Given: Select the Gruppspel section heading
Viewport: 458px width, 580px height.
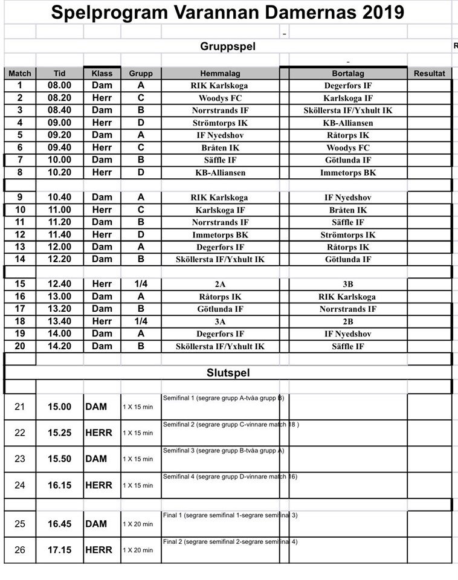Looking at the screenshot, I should pyautogui.click(x=228, y=47).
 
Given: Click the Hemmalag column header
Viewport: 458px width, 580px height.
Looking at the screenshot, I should pyautogui.click(x=220, y=73).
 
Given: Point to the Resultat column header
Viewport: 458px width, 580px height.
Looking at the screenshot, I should pyautogui.click(x=429, y=73).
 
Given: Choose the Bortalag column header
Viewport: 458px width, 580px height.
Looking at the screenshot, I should pyautogui.click(x=347, y=73).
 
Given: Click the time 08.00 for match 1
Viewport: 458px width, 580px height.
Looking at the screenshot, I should pyautogui.click(x=59, y=86).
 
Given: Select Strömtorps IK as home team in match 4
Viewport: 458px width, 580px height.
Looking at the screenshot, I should pyautogui.click(x=220, y=123).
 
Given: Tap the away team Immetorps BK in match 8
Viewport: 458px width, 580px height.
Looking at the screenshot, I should pyautogui.click(x=347, y=173).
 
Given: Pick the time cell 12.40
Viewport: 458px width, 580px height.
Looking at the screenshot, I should pyautogui.click(x=59, y=284).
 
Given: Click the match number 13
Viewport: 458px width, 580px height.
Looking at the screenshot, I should pyautogui.click(x=20, y=247).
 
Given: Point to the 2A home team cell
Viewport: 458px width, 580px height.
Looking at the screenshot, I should pyautogui.click(x=220, y=284).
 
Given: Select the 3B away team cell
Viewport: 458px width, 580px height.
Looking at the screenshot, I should pyautogui.click(x=347, y=284).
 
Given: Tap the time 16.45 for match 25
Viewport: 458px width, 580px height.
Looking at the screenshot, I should pyautogui.click(x=59, y=524).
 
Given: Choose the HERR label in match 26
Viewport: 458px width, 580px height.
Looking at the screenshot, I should pyautogui.click(x=98, y=550).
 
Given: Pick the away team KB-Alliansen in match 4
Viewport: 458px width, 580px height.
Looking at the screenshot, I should pyautogui.click(x=347, y=123).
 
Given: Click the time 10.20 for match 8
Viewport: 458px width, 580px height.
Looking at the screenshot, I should pyautogui.click(x=59, y=173).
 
